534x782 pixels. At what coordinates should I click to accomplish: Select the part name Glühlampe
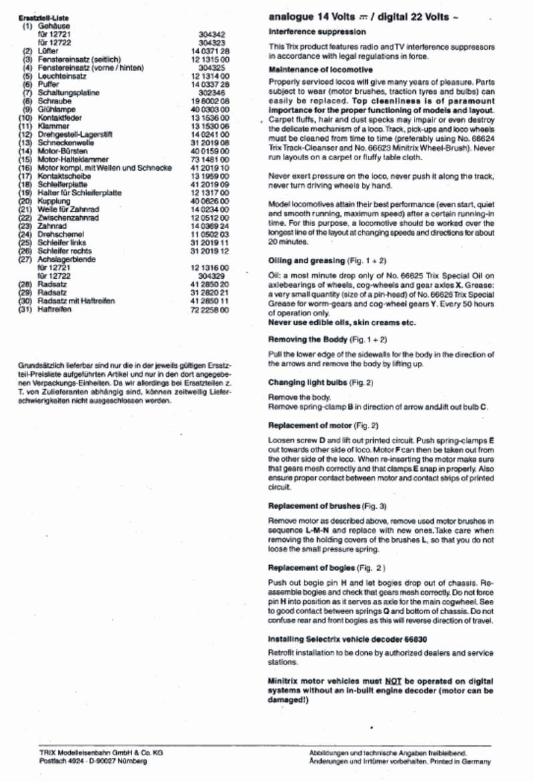57,109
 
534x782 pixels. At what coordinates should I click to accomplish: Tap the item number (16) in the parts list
27,168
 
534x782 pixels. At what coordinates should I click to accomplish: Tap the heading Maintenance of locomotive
320,70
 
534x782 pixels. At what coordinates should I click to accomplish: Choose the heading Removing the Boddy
306,339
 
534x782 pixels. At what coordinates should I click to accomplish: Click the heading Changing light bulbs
309,382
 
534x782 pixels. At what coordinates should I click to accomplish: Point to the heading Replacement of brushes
314,506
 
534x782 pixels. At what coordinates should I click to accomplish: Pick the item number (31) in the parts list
27,309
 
